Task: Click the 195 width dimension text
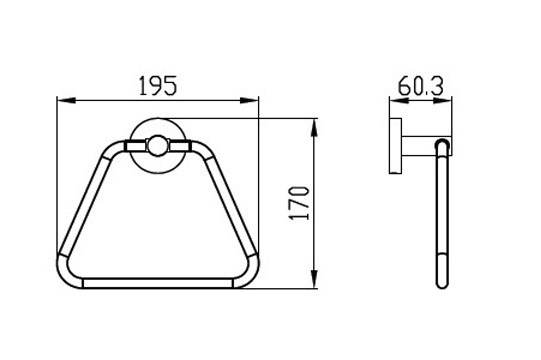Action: pos(158,86)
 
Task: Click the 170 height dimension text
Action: pos(299,203)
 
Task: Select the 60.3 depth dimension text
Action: pos(421,86)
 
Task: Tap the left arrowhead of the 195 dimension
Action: pos(66,100)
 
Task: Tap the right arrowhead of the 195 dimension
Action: pos(249,100)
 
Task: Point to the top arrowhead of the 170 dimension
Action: pos(314,128)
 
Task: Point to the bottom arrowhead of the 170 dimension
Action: pos(314,279)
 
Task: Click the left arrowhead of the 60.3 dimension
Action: pos(399,100)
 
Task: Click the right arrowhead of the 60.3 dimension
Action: pos(443,100)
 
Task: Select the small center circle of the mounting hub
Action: pos(158,145)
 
